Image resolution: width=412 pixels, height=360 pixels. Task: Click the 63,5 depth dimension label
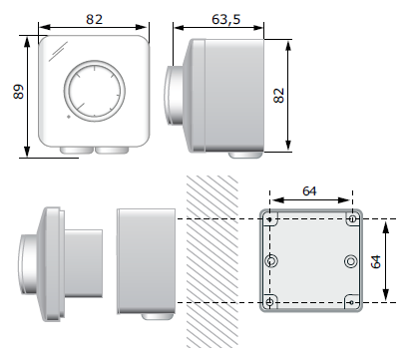click(x=225, y=19)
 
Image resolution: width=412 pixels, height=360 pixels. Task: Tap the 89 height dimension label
click(x=19, y=92)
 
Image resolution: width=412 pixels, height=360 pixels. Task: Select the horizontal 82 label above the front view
click(x=94, y=19)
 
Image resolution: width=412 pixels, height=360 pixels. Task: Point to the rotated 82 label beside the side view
click(x=279, y=96)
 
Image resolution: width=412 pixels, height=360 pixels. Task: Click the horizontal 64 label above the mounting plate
click(x=309, y=190)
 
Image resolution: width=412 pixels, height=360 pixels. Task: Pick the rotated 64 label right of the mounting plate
click(x=376, y=261)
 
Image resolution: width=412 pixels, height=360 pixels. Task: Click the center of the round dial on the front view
click(x=95, y=91)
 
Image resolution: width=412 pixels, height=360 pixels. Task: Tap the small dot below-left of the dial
click(x=69, y=117)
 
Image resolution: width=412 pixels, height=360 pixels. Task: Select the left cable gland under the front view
click(x=77, y=151)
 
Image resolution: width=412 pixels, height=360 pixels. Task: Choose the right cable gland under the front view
click(x=112, y=151)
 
